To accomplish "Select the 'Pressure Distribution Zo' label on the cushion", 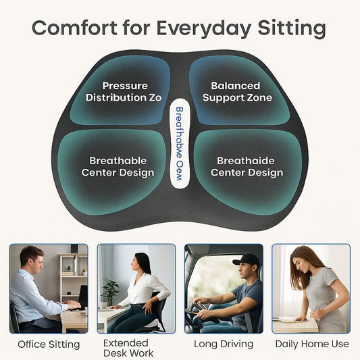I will (x=124, y=92).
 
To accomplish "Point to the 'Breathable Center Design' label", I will (x=118, y=166).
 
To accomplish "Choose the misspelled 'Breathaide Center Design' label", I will (x=247, y=166).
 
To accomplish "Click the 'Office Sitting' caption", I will (x=48, y=344).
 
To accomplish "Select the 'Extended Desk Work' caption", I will (x=128, y=348).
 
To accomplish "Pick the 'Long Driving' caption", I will (x=224, y=344).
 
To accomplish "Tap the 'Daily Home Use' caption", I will (x=312, y=344).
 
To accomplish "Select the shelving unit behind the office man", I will (x=72, y=274).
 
